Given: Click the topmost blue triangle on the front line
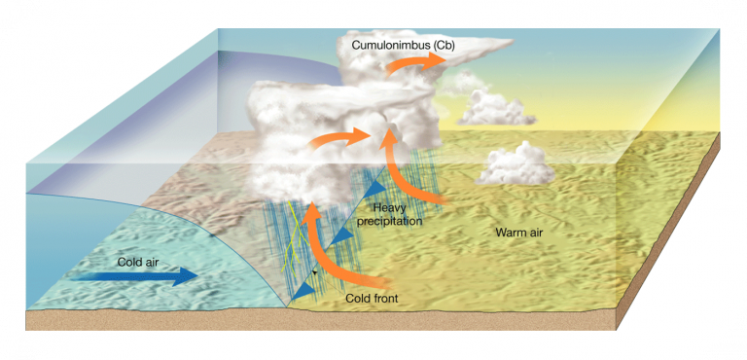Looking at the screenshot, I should coord(374,185).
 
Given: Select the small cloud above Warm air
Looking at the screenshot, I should coord(516,165).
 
